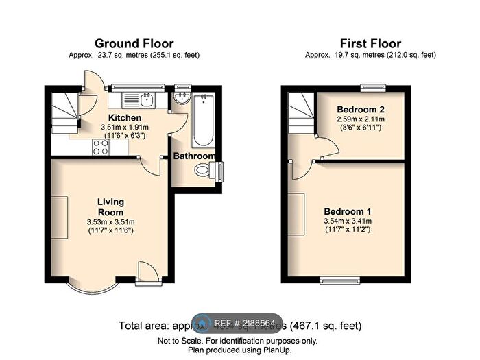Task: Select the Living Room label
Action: (110, 206)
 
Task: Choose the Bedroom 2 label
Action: (359, 110)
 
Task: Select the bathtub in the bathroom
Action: (202, 122)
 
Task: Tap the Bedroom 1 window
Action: (337, 280)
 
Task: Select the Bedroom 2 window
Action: (374, 86)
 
